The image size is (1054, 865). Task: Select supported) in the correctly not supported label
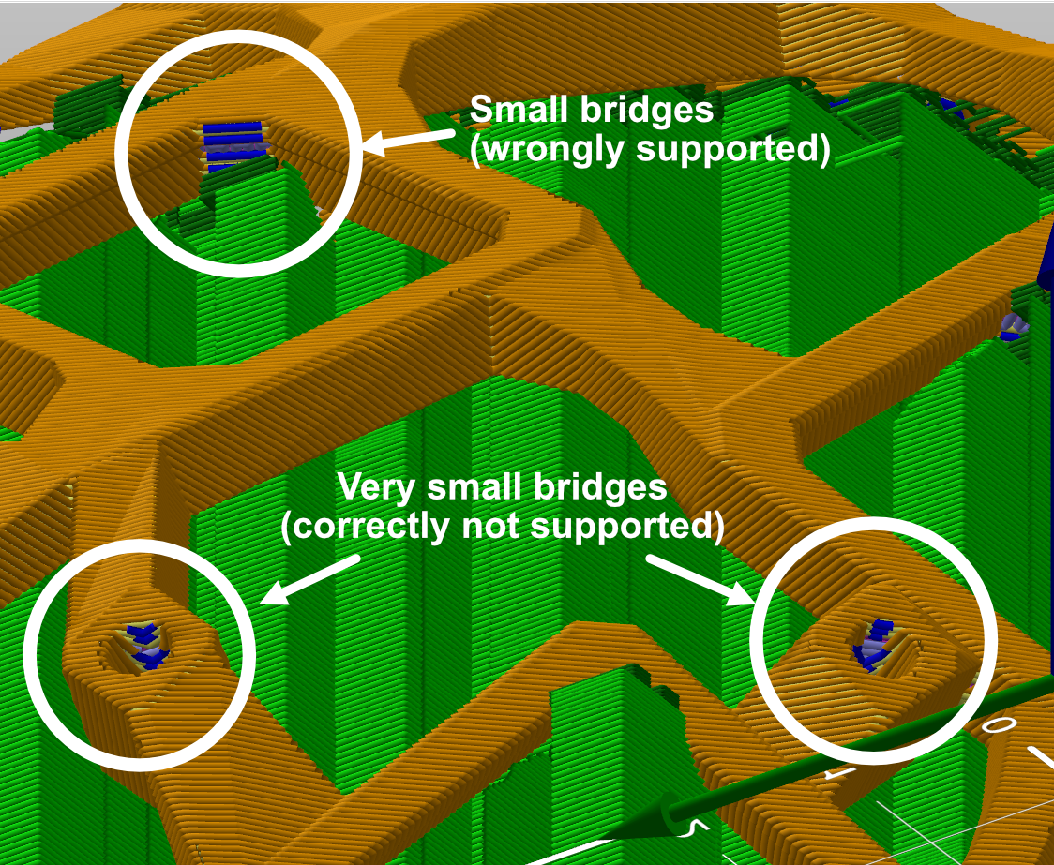628,528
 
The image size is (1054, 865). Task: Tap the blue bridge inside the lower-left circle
144,645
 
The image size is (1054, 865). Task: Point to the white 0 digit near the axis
999,725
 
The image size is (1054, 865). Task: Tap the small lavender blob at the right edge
1012,325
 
